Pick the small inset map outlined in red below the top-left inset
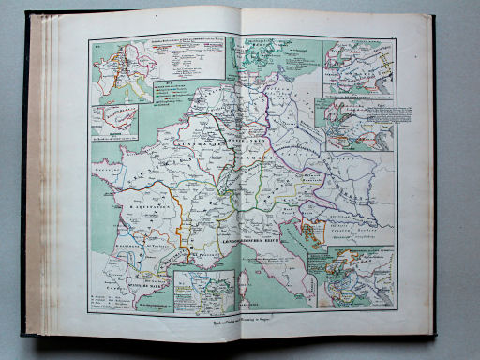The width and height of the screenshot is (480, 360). (x=114, y=122)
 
